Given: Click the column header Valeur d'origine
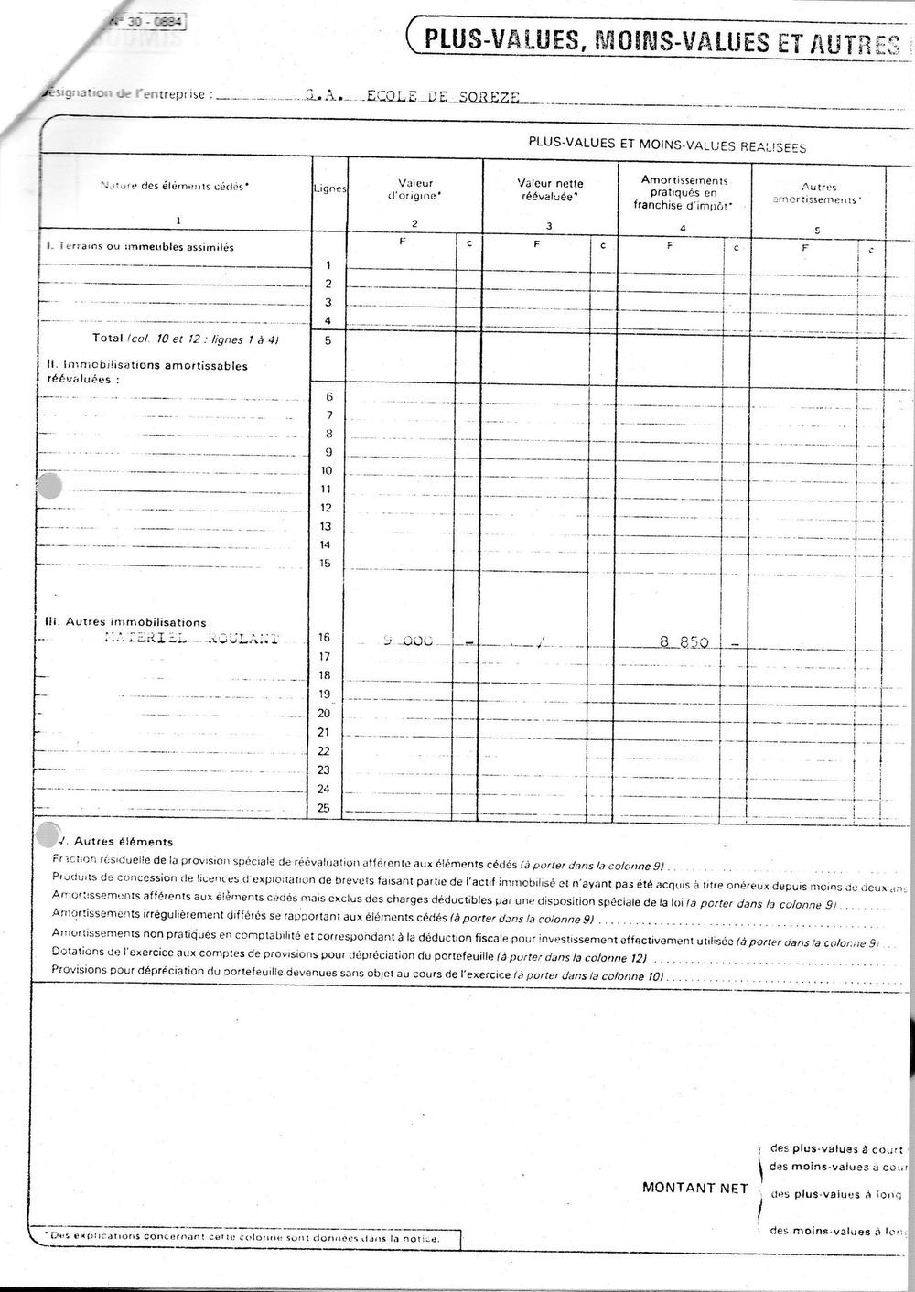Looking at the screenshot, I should [x=415, y=189].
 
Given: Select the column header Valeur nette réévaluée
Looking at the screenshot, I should [x=550, y=189].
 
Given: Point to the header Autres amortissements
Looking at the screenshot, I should [x=818, y=193].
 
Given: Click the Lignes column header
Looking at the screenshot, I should [x=329, y=188].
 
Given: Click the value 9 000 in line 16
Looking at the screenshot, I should [x=407, y=641].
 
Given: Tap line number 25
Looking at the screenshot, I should [x=323, y=808].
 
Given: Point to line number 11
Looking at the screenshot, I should [x=324, y=489].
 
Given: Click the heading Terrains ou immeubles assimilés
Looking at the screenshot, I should [x=141, y=247].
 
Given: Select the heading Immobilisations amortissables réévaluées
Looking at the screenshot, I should [x=146, y=371].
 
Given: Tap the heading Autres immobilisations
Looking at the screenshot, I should [x=126, y=622].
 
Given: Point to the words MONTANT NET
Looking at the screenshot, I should [x=695, y=1188].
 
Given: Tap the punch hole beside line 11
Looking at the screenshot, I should [x=48, y=486].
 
